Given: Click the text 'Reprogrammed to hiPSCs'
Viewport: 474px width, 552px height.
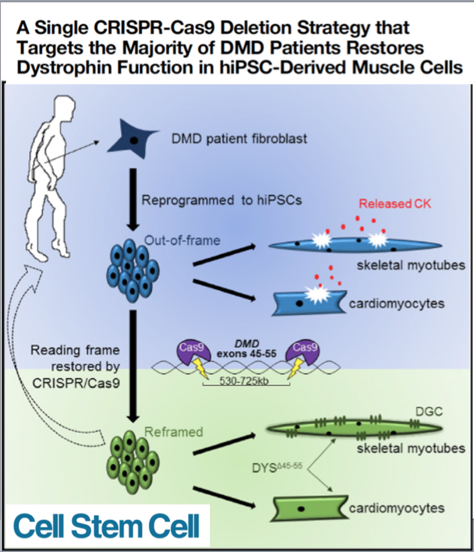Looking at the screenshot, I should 222,201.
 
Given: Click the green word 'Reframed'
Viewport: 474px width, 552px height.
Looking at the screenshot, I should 174,432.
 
